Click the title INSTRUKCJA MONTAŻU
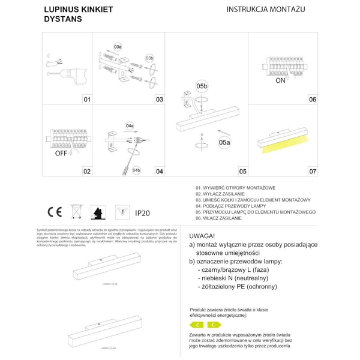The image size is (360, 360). click(266, 10)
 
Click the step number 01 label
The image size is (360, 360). click(86, 100)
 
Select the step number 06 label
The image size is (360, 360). click(312, 100)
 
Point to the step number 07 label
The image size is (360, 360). click(312, 172)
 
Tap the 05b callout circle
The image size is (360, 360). click(202, 86)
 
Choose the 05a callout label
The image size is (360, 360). click(224, 142)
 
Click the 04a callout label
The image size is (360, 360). click(130, 126)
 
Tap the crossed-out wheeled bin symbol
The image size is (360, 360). click(76, 212)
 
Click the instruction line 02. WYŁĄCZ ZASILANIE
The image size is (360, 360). click(220, 194)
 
